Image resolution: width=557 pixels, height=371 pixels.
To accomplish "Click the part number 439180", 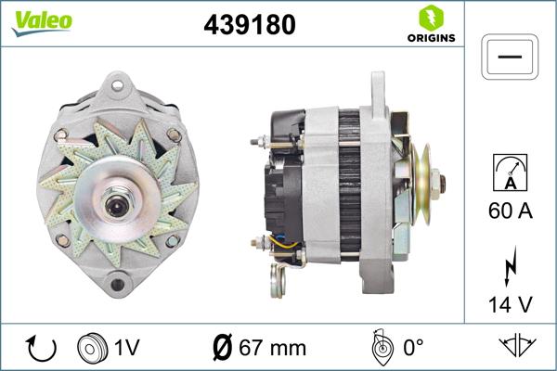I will tap(248, 27).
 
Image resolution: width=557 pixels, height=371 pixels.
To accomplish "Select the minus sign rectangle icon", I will tap(510, 57).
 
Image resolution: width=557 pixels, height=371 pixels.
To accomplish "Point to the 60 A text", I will tap(510, 211).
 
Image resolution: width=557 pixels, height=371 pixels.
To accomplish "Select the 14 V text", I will tap(510, 303).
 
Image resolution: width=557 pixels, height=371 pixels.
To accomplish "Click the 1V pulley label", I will tap(126, 348).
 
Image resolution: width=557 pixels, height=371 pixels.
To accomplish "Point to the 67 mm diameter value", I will tap(273, 348).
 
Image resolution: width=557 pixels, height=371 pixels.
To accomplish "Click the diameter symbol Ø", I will tap(223, 348).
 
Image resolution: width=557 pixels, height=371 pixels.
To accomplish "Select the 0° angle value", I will tap(415, 348).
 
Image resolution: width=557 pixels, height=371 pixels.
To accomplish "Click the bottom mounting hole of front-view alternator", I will tap(117, 281).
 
